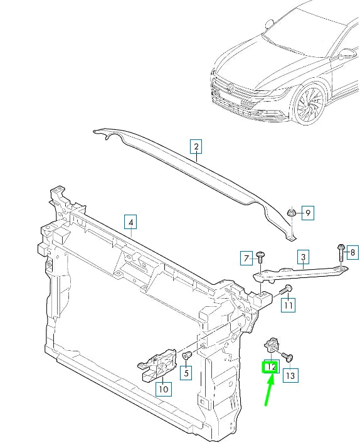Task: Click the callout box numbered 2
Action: point(196,148)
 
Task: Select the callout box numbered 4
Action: point(130,221)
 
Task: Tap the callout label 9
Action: point(307,214)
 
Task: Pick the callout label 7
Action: point(247,257)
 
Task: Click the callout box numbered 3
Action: point(303,257)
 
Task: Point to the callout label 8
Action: point(351,252)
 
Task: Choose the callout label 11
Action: point(288,306)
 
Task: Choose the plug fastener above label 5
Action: point(186,357)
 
